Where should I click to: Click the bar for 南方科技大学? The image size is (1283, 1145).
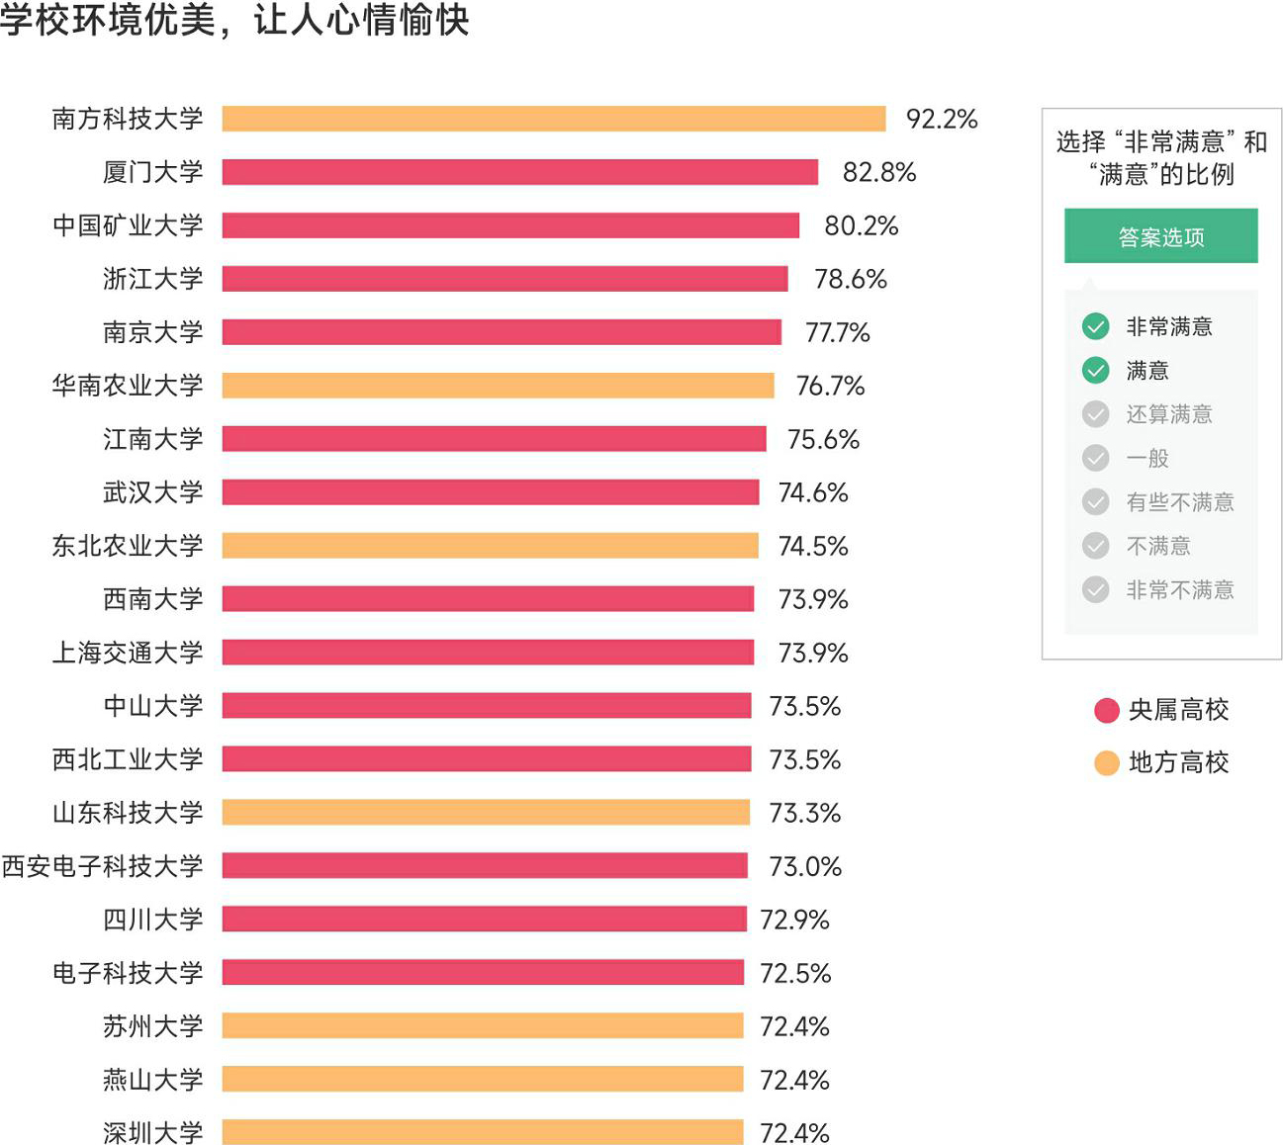tap(554, 119)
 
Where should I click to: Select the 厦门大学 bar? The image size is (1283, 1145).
tap(520, 172)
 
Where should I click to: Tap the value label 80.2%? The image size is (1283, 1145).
tap(862, 225)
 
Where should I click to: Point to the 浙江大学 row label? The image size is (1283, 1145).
tap(153, 279)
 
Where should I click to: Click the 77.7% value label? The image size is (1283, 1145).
tap(838, 332)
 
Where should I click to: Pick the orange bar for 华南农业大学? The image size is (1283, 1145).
tap(498, 386)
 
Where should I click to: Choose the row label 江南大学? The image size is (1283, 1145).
tap(153, 439)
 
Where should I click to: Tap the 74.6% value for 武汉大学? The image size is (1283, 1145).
tap(813, 492)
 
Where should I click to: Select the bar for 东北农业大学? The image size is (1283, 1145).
tap(491, 546)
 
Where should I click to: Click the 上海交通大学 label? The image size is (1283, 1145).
tap(128, 653)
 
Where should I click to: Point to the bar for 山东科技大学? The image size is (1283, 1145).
tap(486, 813)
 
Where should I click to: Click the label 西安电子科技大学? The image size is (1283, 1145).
tap(102, 866)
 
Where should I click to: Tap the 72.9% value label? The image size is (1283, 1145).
tap(795, 920)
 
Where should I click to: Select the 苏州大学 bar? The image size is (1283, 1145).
tap(483, 1026)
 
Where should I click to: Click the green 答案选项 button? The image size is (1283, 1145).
tap(1161, 236)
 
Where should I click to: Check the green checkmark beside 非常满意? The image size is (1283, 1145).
tap(1095, 326)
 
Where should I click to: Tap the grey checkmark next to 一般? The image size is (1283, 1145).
tap(1095, 458)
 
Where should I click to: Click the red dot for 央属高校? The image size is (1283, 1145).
tap(1107, 710)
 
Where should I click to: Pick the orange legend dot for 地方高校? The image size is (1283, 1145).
tap(1107, 762)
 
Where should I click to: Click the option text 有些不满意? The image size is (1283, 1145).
tap(1180, 502)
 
